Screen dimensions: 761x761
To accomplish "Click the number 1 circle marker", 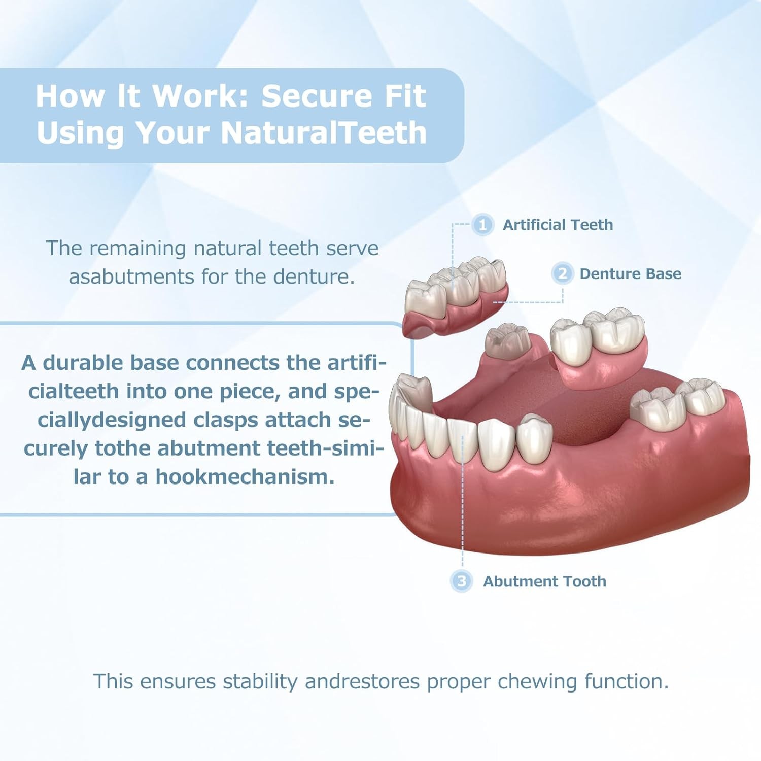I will (482, 225).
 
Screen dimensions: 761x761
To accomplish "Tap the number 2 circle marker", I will (562, 273).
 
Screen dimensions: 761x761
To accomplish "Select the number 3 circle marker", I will (461, 581).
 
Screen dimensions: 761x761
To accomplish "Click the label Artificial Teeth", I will (558, 225).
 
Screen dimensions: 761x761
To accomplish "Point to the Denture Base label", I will (630, 274).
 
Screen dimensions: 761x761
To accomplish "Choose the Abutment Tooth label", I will (544, 581).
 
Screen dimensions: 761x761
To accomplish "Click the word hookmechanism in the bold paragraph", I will (245, 477).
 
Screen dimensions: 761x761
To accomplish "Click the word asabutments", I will (131, 277).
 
